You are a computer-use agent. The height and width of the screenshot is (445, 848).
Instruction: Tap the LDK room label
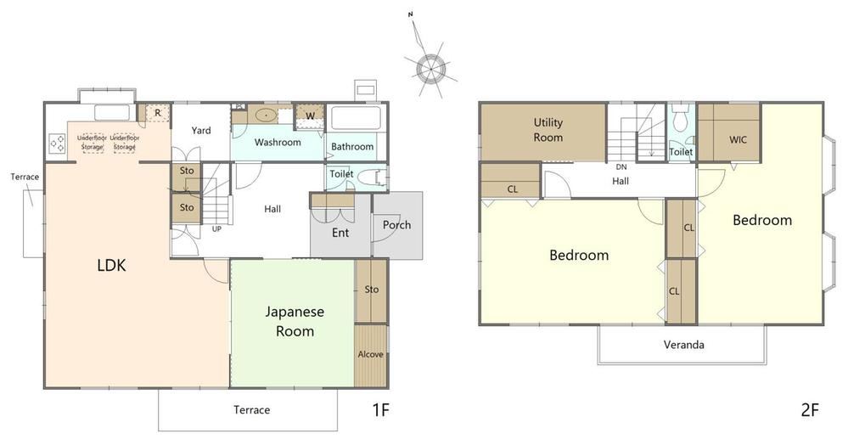111,265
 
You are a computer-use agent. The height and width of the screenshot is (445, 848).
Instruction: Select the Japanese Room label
295,322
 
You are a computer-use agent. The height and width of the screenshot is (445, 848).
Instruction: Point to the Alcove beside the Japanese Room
370,355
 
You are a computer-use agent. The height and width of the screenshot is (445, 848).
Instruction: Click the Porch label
396,225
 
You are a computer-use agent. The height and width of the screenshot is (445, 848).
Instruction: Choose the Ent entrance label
340,233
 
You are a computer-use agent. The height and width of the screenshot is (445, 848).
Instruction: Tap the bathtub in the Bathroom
356,117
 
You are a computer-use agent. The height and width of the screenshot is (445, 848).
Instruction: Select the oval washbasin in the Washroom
266,115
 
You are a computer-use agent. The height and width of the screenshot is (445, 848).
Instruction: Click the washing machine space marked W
310,115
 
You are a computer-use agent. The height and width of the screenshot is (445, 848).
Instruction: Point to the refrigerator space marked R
157,113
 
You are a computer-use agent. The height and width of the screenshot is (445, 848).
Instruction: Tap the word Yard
201,131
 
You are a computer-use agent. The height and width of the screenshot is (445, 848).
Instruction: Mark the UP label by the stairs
216,229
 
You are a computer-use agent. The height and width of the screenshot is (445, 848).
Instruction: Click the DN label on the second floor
621,167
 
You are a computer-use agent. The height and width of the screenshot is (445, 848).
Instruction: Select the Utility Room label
548,130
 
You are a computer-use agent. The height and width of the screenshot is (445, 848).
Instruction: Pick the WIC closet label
738,139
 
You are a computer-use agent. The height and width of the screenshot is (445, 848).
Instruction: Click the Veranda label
683,345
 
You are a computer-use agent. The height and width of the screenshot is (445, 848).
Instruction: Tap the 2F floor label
810,410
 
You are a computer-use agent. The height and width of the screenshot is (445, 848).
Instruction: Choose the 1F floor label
381,410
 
